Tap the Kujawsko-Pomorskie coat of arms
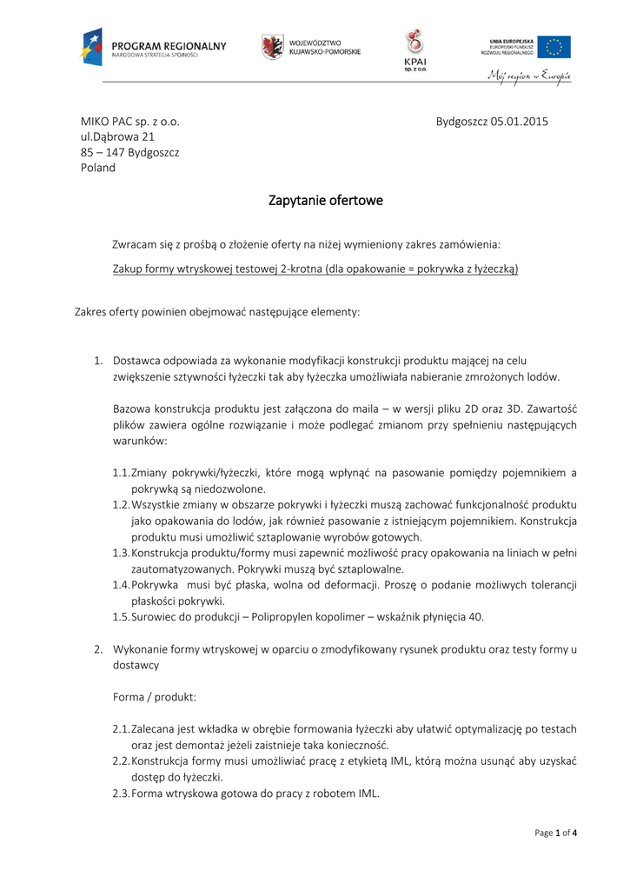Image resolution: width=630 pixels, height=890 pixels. pos(272,47)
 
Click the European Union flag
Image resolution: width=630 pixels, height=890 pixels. pos(554,47)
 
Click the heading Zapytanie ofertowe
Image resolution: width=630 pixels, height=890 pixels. pos(326,201)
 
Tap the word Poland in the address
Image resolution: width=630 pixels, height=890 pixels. pos(98,168)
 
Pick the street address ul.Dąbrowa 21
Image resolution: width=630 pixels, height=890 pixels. pos(118,136)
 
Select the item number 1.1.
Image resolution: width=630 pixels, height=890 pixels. pos(121,472)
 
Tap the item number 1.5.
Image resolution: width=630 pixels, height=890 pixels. pos(121,616)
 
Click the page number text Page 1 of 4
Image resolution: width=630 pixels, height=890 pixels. pos(555,833)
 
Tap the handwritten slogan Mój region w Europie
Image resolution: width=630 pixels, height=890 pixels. pos(528,76)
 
